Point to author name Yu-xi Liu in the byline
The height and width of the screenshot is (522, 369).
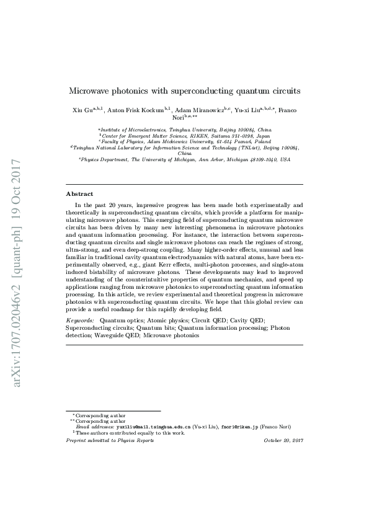coord(245,111)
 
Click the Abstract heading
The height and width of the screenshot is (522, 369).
coord(79,193)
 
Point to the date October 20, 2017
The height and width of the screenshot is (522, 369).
coord(283,440)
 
